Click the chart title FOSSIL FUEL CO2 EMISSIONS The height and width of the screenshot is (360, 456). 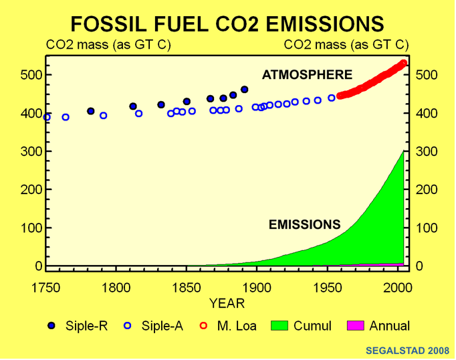(227, 23)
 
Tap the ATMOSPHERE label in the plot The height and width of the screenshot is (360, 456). (307, 74)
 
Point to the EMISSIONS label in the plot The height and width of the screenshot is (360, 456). (305, 224)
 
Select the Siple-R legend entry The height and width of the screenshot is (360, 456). (73, 327)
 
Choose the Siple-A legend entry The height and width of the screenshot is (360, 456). (151, 327)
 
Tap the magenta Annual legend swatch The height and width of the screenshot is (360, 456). (356, 327)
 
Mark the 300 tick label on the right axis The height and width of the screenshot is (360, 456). (425, 152)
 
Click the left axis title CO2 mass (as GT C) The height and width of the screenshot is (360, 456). (108, 46)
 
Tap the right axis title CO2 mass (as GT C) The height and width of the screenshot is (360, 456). (346, 46)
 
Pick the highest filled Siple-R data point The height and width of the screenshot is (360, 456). (244, 90)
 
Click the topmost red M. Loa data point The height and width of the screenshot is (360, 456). (404, 64)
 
